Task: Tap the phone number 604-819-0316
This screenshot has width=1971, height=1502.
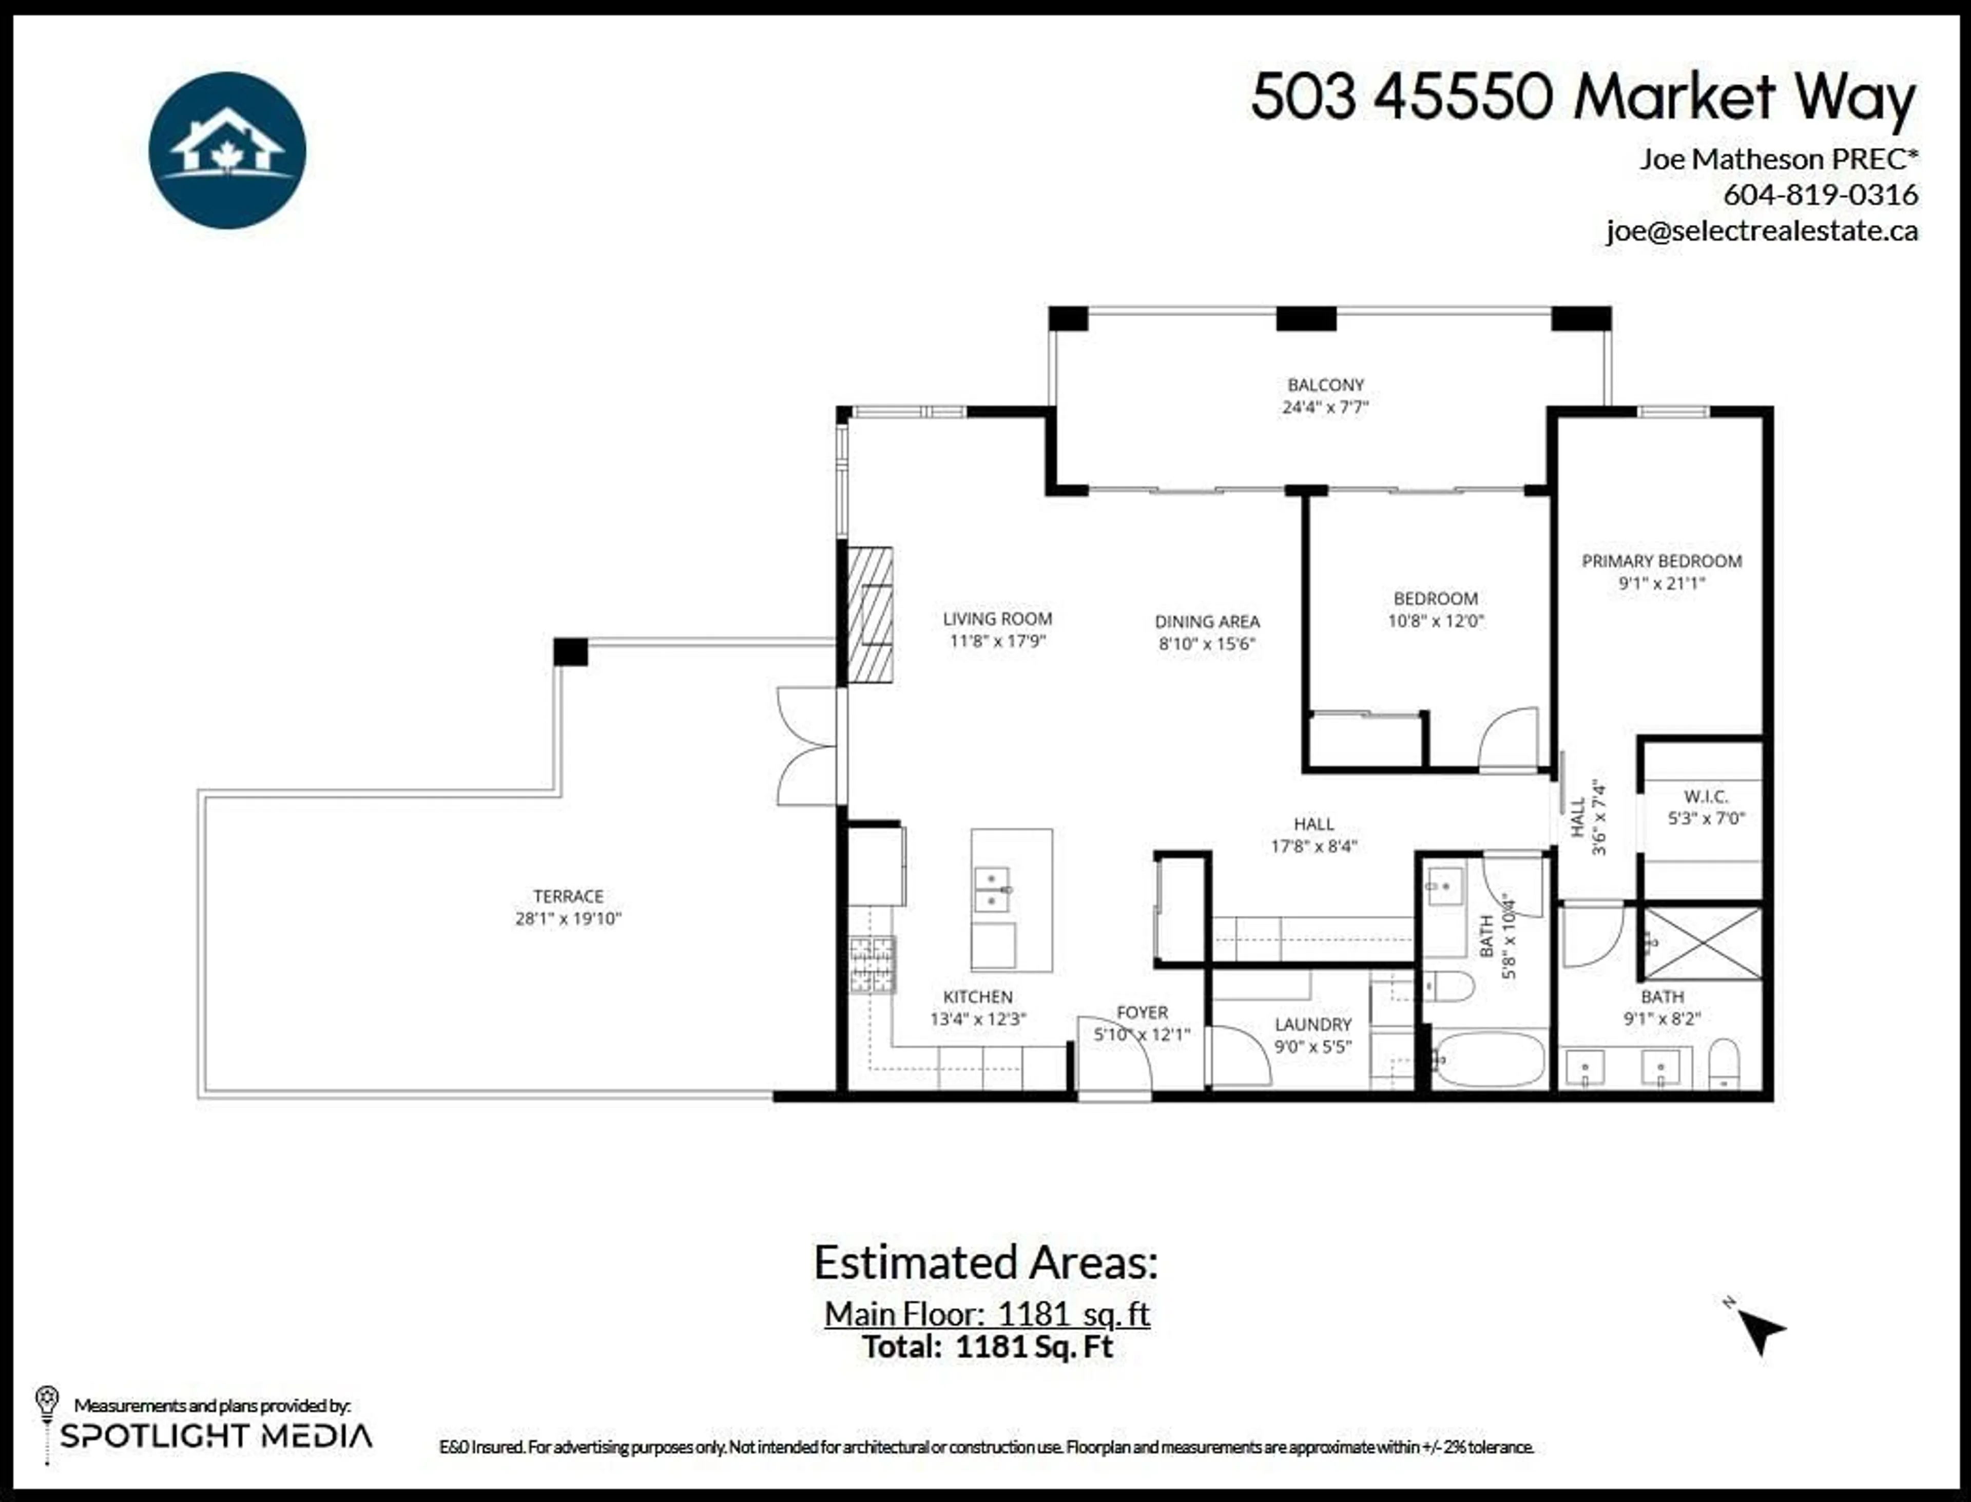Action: click(x=1820, y=194)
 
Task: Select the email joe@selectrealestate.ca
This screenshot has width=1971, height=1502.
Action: click(x=1761, y=230)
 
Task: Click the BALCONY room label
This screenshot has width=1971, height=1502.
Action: click(x=1326, y=384)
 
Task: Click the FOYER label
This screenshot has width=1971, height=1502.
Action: click(x=1143, y=1012)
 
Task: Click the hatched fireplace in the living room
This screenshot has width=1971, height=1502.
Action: click(x=869, y=614)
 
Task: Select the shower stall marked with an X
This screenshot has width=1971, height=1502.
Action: click(x=1702, y=943)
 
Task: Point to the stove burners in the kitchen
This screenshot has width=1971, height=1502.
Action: click(x=872, y=965)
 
